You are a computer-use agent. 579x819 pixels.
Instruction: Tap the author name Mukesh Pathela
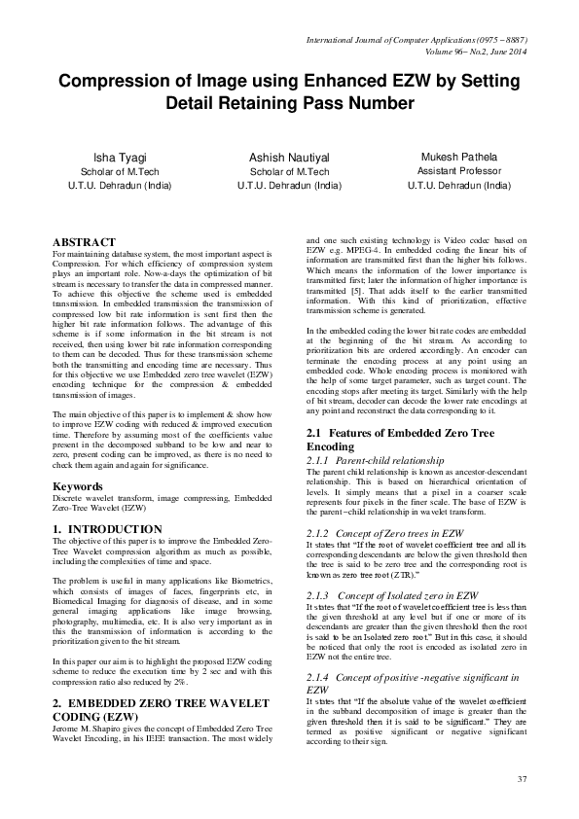pyautogui.click(x=458, y=157)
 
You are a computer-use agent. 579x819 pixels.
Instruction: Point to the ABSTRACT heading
pyautogui.click(x=84, y=242)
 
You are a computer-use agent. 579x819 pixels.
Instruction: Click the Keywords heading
pyautogui.click(x=78, y=485)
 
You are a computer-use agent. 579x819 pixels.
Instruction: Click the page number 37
pyautogui.click(x=522, y=780)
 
